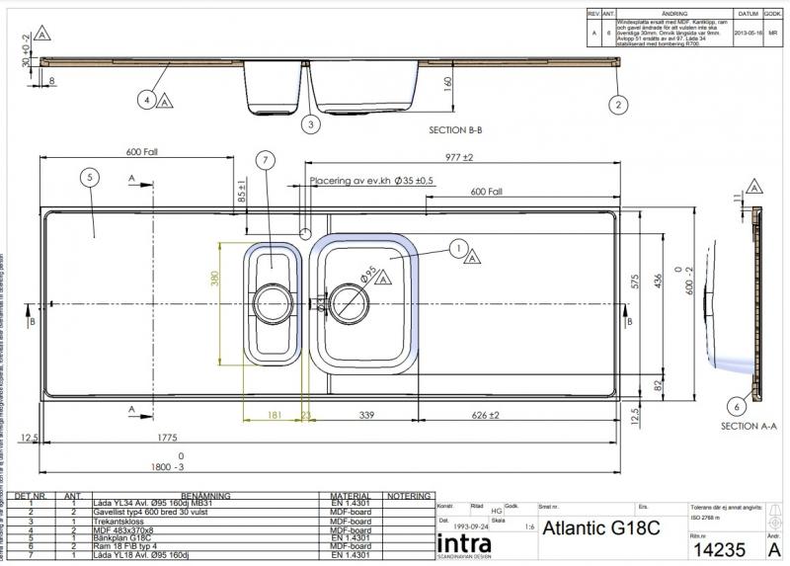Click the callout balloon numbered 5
point(90,177)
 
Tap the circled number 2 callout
point(618,104)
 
